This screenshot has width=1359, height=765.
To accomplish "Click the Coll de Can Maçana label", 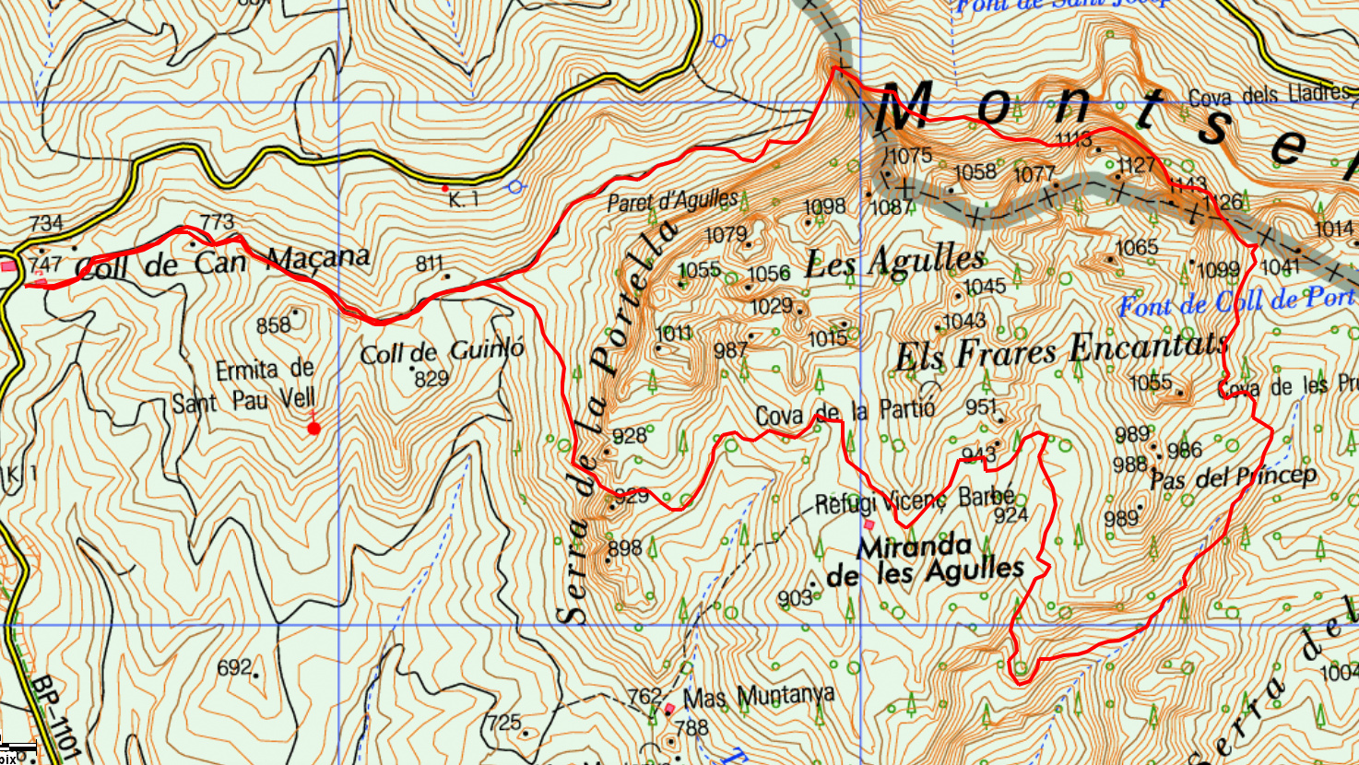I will click(x=221, y=262).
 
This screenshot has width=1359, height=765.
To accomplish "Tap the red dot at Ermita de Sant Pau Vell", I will click(x=313, y=428).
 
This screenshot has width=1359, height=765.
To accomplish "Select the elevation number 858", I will click(x=273, y=325).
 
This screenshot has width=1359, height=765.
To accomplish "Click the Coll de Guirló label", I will click(x=442, y=351).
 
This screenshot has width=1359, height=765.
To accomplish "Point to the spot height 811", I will click(x=430, y=264).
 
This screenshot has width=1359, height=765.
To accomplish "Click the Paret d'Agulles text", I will click(x=672, y=200).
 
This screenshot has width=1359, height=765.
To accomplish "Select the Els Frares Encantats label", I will click(x=1061, y=351).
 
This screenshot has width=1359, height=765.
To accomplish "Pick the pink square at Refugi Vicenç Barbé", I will click(x=869, y=524).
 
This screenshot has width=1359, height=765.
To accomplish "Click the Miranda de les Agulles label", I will click(x=925, y=560).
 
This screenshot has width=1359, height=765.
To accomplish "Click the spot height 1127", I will click(x=1135, y=165).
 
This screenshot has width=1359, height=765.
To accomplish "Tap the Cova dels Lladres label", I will click(x=1268, y=95).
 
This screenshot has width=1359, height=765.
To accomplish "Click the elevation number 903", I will click(x=794, y=598).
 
